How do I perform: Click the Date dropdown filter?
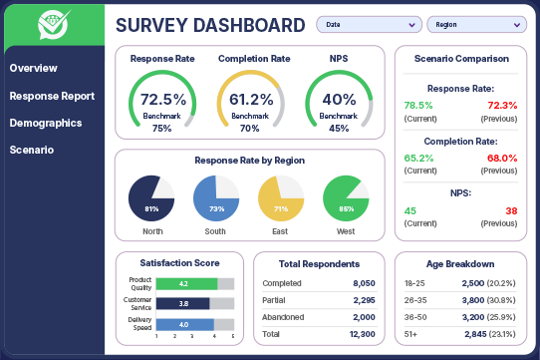[x=368, y=24]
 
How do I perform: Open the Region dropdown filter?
[x=476, y=24]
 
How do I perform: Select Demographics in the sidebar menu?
[x=46, y=123]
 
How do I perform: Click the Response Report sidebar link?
[x=52, y=96]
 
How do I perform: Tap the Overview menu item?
[x=33, y=68]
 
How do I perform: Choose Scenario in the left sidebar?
[x=31, y=150]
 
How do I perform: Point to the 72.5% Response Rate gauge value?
[x=162, y=100]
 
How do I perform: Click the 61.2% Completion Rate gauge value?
[x=250, y=100]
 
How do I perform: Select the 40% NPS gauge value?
[x=339, y=100]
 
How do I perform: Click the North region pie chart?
[x=151, y=196]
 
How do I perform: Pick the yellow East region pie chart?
[x=281, y=196]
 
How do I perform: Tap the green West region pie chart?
[x=346, y=196]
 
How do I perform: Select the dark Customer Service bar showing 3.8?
[x=183, y=303]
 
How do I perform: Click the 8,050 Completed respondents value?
[x=364, y=283]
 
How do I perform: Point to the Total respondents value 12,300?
[x=362, y=334]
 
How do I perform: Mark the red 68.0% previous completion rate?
[x=502, y=158]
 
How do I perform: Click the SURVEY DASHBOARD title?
[x=210, y=25]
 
